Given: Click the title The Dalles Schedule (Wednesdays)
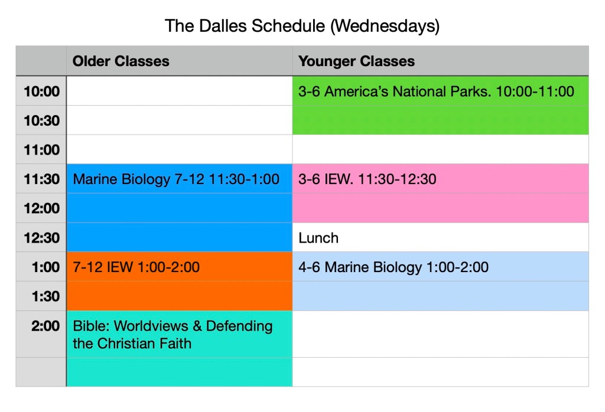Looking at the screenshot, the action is click(x=302, y=26).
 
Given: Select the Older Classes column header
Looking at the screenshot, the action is click(x=121, y=61).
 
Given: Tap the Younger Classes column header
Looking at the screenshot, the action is click(x=356, y=61).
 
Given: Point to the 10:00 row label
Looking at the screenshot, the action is click(x=42, y=91).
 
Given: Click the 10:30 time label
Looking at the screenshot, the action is click(x=42, y=120).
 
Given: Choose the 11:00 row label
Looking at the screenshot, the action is click(x=42, y=150).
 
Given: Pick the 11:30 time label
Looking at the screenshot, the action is click(x=42, y=179).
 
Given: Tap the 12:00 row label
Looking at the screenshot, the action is click(x=42, y=208).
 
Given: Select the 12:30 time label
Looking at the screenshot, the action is click(x=42, y=238).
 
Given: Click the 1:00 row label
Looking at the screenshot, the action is click(x=45, y=267).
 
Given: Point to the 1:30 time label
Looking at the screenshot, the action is click(x=45, y=296).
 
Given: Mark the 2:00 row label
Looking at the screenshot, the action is click(x=45, y=326).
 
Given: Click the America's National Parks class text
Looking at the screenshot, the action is click(x=436, y=91).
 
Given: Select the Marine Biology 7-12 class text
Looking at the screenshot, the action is click(x=176, y=179).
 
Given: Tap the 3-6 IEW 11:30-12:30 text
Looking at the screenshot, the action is click(x=367, y=179).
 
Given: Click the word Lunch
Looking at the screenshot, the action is click(x=318, y=238).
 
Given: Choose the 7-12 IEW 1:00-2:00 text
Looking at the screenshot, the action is click(x=136, y=267).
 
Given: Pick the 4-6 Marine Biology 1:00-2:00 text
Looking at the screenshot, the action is click(x=393, y=267).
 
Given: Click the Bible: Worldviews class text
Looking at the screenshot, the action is click(x=173, y=335).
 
